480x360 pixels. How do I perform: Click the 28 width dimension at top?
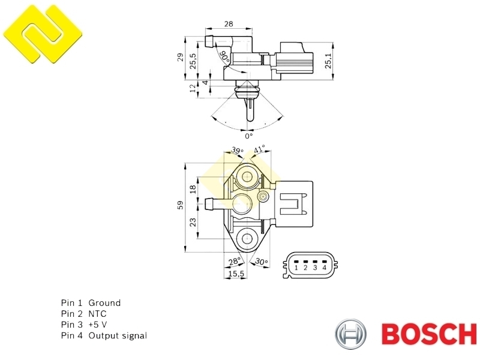229,24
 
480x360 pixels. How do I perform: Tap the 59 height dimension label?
180,205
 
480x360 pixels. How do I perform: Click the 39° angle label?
237,151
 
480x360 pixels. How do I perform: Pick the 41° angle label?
259,150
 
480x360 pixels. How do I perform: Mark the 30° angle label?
262,262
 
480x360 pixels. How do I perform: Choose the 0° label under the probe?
248,136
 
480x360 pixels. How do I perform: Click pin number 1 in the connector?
296,268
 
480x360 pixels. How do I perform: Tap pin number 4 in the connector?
324,268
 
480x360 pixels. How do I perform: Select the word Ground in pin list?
104,303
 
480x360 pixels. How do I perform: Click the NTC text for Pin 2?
97,314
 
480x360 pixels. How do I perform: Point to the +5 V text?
97,325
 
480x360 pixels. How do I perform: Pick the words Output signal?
118,336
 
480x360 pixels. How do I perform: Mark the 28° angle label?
235,262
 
